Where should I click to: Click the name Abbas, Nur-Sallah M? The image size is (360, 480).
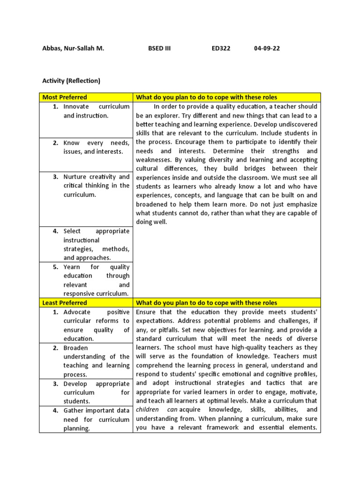(73, 48)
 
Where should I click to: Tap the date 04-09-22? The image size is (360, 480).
(267, 48)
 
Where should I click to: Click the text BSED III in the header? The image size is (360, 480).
(159, 48)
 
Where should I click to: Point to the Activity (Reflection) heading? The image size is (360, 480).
(71, 81)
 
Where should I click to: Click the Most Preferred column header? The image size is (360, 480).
(65, 97)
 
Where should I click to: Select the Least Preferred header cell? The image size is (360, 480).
(65, 303)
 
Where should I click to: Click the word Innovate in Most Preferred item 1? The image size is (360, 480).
(76, 106)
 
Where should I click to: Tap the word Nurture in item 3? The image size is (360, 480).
(75, 177)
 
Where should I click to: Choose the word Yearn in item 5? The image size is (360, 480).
(72, 267)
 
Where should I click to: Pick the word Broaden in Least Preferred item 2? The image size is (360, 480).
(76, 348)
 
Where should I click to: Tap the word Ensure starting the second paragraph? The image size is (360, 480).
(147, 312)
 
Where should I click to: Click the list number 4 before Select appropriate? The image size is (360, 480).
(55, 231)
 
